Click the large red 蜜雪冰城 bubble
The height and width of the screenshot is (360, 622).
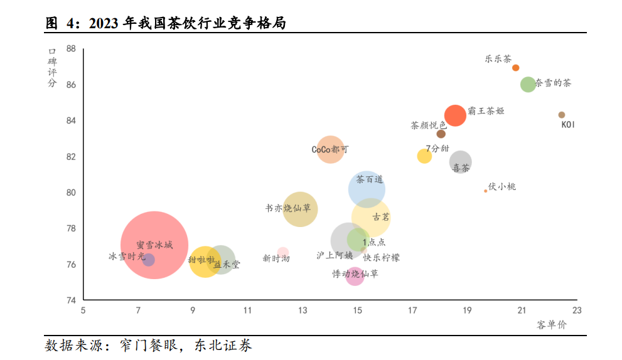(154, 245)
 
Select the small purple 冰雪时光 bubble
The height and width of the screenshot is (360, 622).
(148, 260)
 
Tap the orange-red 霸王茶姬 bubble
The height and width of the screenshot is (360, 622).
(455, 115)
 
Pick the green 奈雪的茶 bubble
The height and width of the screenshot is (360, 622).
(528, 84)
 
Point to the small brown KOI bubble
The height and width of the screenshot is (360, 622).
(562, 115)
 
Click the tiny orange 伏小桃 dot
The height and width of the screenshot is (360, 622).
(485, 191)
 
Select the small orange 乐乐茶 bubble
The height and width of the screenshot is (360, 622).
(516, 68)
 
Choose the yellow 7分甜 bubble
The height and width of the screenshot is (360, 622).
(424, 156)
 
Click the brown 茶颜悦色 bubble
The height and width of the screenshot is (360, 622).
(441, 134)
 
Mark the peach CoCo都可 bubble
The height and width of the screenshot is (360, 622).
(330, 150)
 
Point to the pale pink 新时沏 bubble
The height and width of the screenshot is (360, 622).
(283, 253)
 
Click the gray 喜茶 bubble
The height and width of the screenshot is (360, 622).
(461, 162)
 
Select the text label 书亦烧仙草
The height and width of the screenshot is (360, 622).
(288, 208)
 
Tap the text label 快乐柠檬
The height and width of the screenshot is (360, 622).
(381, 257)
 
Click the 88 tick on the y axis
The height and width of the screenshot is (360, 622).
(71, 48)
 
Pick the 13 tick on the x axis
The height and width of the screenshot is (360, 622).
(303, 310)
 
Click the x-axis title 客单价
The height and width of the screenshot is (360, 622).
(551, 324)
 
